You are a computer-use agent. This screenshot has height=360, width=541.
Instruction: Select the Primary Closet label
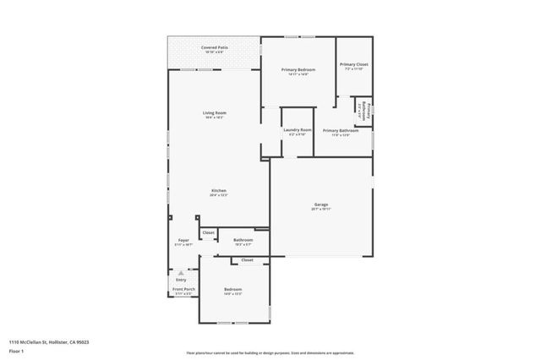click(353, 64)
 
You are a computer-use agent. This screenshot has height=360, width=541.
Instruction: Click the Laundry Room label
click(298, 129)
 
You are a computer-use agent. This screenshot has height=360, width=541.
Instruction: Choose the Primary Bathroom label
click(341, 131)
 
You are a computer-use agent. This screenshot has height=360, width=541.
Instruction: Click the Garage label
click(321, 205)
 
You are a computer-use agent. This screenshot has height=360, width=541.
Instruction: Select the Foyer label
click(183, 241)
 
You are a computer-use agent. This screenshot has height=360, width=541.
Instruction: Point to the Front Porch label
click(183, 290)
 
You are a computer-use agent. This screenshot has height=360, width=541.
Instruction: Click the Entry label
click(181, 280)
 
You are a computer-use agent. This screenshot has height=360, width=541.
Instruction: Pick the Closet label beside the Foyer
click(208, 232)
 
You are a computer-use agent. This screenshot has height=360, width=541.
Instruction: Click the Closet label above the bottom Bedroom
click(247, 260)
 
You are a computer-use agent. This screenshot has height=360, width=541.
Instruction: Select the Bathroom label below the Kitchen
click(243, 240)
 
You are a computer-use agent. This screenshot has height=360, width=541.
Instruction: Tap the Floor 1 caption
click(15, 350)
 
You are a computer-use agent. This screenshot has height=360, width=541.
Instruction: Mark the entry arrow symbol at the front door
click(180, 272)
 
